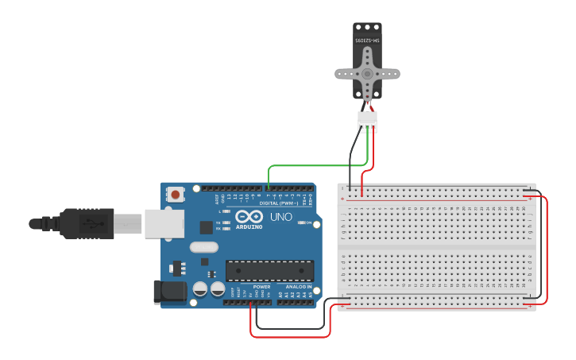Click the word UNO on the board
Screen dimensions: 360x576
[281, 217]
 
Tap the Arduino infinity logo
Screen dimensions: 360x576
[248, 216]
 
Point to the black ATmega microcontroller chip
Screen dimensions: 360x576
[269, 270]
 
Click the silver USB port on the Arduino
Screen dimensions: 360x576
[164, 223]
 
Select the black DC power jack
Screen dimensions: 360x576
[169, 292]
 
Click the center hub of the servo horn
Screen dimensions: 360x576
[367, 74]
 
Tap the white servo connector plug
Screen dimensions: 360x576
[367, 121]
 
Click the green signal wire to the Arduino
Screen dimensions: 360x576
[310, 166]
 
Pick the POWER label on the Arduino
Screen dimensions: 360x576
[261, 287]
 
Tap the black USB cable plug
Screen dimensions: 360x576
[87, 223]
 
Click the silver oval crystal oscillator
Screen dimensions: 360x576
[204, 247]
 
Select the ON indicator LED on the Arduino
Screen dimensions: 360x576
[301, 223]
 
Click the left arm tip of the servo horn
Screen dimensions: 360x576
[340, 74]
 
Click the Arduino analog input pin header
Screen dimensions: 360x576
[296, 301]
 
